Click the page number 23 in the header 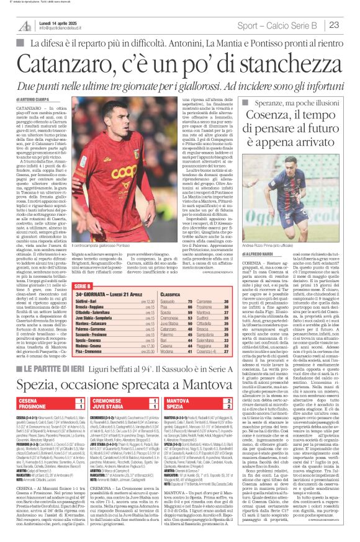[333, 25]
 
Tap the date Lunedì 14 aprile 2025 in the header [56, 22]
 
